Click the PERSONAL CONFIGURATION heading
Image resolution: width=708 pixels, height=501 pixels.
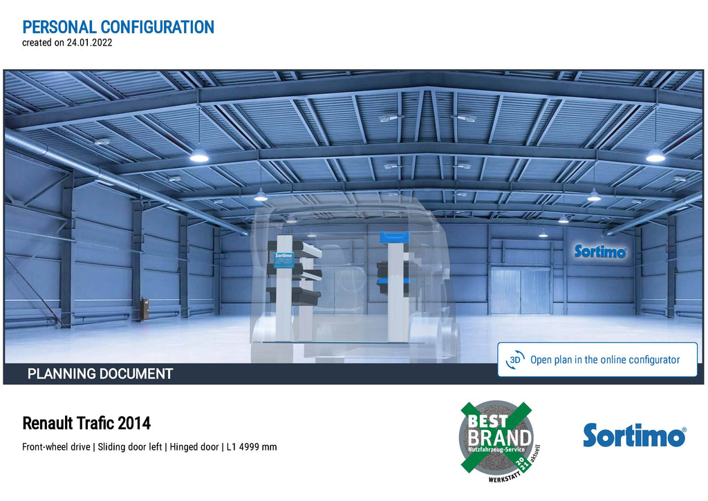[118, 27]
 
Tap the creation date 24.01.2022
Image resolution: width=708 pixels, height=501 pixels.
[89, 43]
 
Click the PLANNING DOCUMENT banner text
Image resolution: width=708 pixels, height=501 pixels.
[100, 374]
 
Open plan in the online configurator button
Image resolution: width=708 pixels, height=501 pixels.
[597, 359]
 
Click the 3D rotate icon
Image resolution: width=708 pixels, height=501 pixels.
[515, 360]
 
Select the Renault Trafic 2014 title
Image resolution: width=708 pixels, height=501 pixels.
[86, 424]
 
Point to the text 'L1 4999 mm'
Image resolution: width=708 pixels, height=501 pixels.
[252, 447]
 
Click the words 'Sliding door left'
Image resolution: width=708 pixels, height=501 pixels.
[130, 447]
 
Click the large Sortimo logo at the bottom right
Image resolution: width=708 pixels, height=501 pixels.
[635, 435]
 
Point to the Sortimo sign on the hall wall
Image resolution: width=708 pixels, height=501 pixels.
[600, 252]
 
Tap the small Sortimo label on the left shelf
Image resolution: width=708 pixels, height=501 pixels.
[284, 261]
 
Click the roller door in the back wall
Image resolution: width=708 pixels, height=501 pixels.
[520, 290]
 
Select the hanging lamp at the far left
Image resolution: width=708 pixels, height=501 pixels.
[199, 155]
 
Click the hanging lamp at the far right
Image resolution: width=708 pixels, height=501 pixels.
[655, 155]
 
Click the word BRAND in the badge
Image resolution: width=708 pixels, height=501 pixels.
[499, 438]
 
